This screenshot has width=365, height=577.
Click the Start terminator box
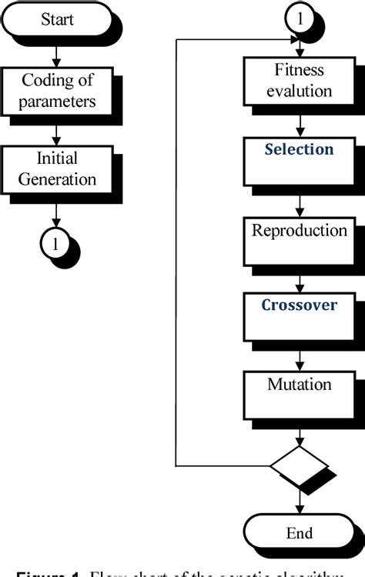tap(58, 20)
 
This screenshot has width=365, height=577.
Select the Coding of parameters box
tap(58, 91)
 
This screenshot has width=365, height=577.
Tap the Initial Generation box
tap(58, 170)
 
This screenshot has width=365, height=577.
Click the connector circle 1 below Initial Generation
tap(55, 244)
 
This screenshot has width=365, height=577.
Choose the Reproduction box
tap(299, 238)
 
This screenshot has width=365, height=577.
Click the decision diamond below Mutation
tap(299, 465)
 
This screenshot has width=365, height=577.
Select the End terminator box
tap(299, 532)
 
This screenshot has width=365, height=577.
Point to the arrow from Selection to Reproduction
tap(299, 202)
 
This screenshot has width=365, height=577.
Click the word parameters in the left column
tap(58, 101)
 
